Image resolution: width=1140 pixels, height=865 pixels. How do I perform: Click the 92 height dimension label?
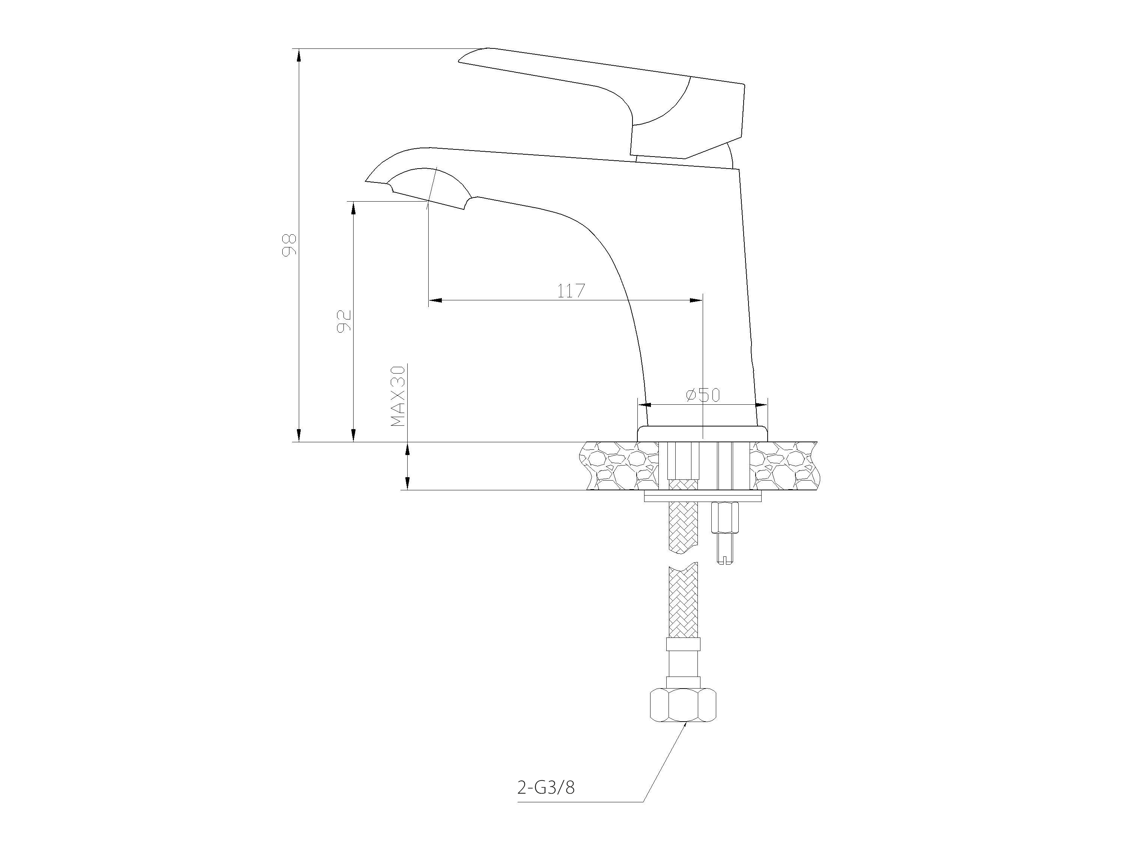[x=344, y=321]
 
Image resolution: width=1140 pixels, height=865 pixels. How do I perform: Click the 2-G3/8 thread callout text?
[x=545, y=802]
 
